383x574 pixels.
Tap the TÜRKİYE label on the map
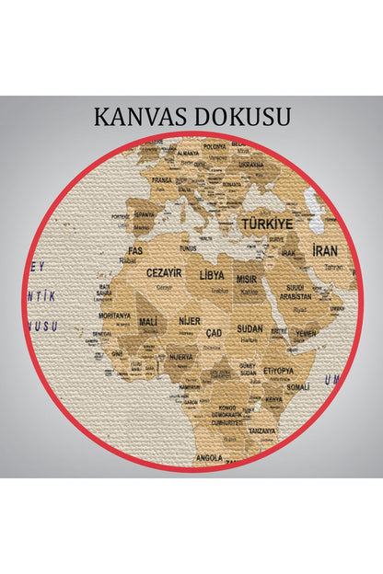click(x=267, y=224)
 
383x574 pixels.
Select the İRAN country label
click(x=325, y=251)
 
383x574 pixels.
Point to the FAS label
click(x=134, y=250)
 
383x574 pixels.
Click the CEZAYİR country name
click(x=164, y=273)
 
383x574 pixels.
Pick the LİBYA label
click(x=212, y=275)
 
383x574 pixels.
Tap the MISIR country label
click(x=247, y=279)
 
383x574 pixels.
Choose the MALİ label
click(x=147, y=322)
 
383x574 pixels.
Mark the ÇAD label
click(x=214, y=332)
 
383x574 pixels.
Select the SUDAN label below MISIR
click(x=250, y=327)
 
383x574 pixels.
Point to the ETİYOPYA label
click(x=278, y=370)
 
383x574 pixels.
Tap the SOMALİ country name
click(x=298, y=387)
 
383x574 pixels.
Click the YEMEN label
click(x=306, y=333)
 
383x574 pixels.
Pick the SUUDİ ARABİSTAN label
click(x=296, y=293)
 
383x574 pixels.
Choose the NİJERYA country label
click(x=180, y=356)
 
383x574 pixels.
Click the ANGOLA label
click(x=208, y=456)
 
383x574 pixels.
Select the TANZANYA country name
click(x=261, y=430)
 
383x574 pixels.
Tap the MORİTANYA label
click(x=114, y=316)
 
